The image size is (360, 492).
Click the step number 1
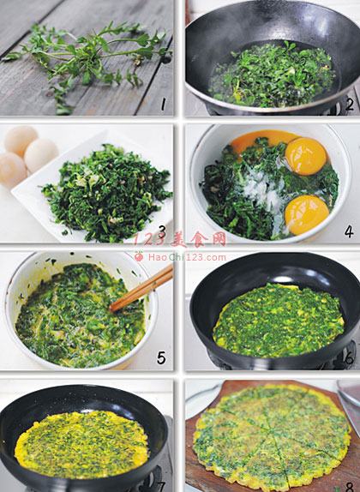(163, 105)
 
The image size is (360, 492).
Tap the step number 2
(349, 105)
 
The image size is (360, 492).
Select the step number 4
(349, 231)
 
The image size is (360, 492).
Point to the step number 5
(161, 357)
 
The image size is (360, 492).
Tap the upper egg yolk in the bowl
(305, 156)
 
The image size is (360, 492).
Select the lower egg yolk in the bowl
(307, 215)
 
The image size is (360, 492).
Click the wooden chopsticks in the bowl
(142, 288)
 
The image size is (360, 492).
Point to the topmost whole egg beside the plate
(21, 141)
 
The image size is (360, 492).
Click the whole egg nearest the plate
(41, 156)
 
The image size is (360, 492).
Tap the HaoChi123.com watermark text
(187, 258)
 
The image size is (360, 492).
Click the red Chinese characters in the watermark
(198, 240)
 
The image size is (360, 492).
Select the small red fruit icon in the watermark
(138, 256)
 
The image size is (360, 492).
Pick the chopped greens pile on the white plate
(106, 192)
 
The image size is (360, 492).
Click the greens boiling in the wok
(272, 75)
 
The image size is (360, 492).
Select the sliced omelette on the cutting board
(272, 437)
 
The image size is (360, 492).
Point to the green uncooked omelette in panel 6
(279, 321)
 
